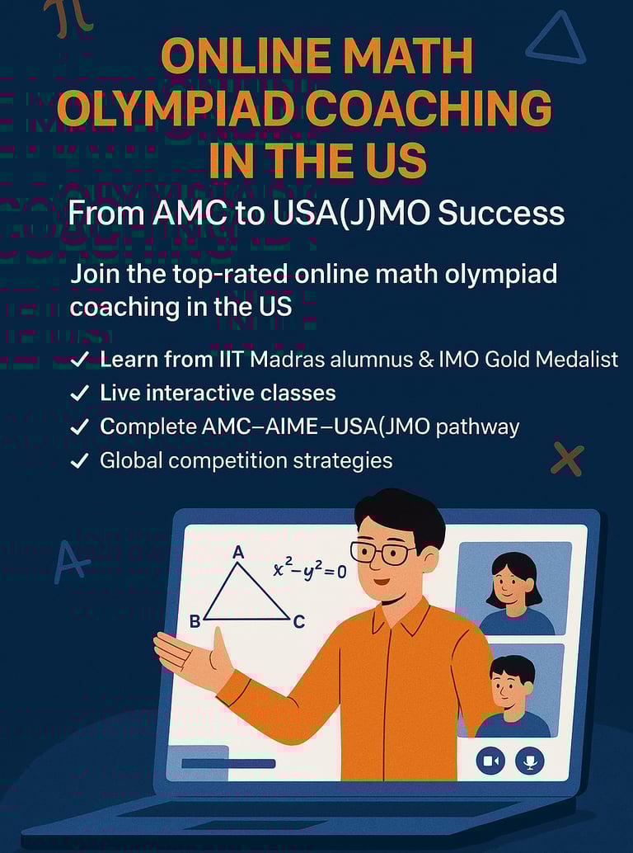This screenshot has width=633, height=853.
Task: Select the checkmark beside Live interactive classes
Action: point(80,394)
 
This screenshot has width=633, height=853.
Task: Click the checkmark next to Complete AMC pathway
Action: point(80,427)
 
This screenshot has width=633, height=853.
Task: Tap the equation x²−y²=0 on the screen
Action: point(309,569)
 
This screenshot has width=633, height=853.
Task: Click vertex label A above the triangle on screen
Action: point(238,552)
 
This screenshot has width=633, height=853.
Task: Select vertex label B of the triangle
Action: point(195,621)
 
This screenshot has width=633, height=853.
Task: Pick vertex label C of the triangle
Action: point(298,621)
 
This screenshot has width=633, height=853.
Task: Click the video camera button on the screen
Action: point(490,760)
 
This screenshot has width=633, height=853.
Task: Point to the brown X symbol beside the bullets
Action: point(566,459)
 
